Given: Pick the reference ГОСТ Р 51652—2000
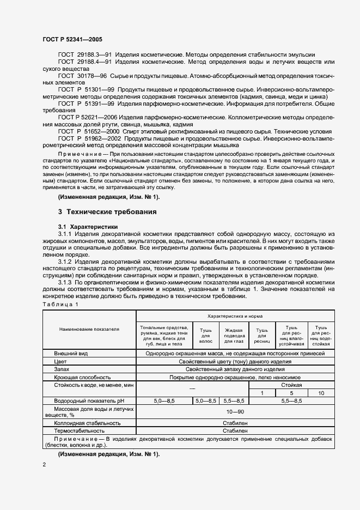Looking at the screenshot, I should [x=89, y=131].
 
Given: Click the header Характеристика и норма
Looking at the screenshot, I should [x=235, y=315].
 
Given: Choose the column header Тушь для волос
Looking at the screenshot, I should [x=205, y=335].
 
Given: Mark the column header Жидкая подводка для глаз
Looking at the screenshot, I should [x=233, y=335].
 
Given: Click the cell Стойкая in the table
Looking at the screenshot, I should [x=291, y=385].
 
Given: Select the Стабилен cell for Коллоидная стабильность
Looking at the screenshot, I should [x=235, y=422].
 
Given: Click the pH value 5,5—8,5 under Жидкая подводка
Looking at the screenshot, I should [x=233, y=400].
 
